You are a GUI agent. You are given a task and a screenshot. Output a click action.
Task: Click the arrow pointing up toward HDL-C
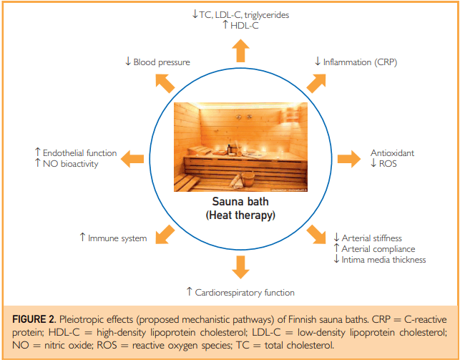240,51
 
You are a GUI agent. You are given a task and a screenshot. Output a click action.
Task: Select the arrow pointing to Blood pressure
165,84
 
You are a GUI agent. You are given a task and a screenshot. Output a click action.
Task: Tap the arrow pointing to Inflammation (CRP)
316,84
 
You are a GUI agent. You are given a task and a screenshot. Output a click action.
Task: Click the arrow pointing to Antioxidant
349,159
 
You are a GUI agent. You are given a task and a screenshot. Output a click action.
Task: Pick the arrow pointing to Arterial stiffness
316,235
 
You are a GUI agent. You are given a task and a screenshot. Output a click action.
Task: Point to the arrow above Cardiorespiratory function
240,267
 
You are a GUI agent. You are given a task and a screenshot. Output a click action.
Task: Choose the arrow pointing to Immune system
165,235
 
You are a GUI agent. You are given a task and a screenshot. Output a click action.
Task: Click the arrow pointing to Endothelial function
132,159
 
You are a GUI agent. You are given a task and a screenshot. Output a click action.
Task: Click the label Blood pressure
162,62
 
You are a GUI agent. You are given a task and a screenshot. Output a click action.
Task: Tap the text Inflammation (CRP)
360,62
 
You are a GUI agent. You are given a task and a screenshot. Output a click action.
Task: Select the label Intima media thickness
383,260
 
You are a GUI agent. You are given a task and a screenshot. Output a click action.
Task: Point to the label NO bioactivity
70,164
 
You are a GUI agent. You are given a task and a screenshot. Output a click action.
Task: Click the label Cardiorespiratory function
245,293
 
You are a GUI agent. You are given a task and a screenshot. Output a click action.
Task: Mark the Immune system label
117,238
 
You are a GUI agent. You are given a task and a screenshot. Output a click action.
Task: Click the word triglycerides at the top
266,15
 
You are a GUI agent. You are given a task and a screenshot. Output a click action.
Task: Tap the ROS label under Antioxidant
388,163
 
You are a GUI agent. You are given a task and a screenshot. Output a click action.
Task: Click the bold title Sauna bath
240,202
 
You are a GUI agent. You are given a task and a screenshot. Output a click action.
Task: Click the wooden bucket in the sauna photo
248,178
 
